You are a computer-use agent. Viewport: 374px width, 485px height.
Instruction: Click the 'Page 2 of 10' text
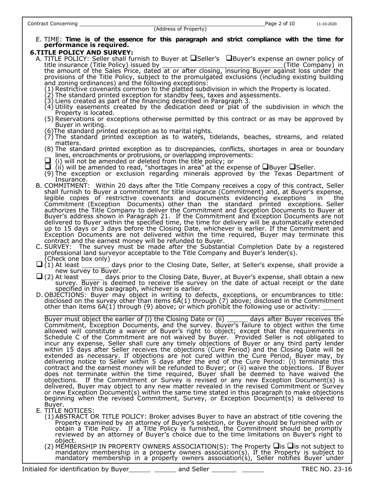(280, 24)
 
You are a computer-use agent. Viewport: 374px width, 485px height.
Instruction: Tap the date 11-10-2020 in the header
(326, 24)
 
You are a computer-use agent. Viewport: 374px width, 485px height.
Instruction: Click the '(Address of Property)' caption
(180, 29)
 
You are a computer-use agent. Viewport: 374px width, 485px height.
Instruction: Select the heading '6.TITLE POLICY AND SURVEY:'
(81, 52)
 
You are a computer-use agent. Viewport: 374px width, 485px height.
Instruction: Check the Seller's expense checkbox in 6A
(193, 58)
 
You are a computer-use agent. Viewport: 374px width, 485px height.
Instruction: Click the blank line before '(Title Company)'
(222, 65)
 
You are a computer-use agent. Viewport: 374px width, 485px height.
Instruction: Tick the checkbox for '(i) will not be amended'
(48, 161)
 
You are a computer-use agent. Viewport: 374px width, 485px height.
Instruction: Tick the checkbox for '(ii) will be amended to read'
(48, 167)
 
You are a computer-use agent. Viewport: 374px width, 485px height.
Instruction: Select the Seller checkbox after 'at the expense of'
(292, 167)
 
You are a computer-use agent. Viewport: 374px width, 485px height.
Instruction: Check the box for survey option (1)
(39, 265)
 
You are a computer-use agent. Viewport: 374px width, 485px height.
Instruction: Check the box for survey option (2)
(39, 277)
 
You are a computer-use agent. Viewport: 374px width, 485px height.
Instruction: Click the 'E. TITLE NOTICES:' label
(65, 410)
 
